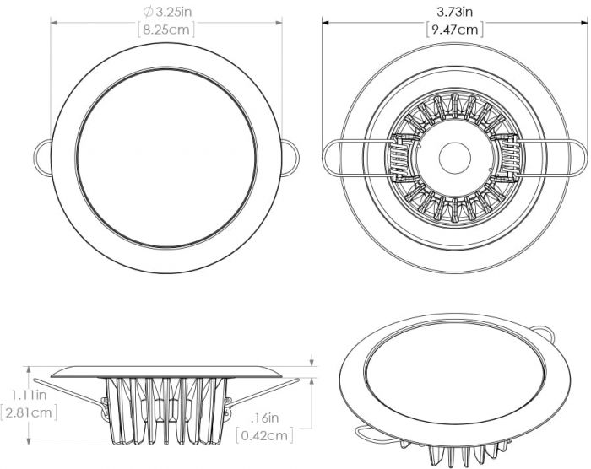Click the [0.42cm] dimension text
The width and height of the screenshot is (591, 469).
266,436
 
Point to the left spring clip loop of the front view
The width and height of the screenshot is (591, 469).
42,156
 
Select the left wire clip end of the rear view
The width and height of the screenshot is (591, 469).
331,157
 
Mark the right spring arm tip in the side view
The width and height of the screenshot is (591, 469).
297,381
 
